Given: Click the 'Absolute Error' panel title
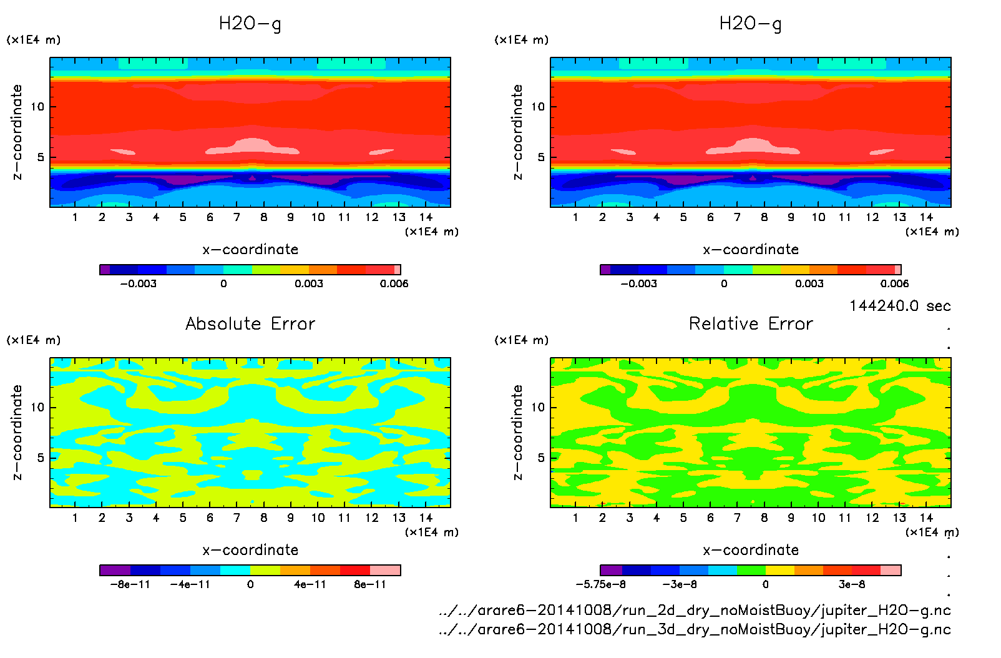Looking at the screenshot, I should (250, 323).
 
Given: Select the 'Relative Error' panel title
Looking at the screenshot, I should (751, 323).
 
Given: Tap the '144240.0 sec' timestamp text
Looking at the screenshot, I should (900, 306).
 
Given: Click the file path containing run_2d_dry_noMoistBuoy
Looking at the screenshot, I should (695, 610).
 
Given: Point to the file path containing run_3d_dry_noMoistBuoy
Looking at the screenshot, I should (695, 629).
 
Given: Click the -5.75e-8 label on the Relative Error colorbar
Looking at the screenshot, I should (600, 584).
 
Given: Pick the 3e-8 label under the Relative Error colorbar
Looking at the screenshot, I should (851, 584).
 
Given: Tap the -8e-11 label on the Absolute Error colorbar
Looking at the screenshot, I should (130, 584).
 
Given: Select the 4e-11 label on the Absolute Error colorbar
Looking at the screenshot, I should (310, 584).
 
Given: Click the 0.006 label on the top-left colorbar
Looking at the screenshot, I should (394, 283).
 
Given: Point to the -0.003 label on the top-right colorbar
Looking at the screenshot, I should (638, 283).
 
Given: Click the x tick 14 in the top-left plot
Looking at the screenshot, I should (426, 217).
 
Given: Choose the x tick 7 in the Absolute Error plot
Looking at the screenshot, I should (237, 518).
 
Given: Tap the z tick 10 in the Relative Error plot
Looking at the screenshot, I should (538, 407).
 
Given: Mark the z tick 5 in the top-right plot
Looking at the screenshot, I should (541, 157).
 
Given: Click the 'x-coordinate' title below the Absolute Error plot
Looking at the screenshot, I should (250, 550).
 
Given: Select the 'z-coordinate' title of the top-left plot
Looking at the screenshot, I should (17, 132).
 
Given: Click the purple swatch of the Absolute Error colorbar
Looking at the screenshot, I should (115, 570).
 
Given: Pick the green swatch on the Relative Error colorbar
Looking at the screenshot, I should (751, 570).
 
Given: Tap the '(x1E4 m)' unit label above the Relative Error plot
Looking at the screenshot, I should (522, 340).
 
